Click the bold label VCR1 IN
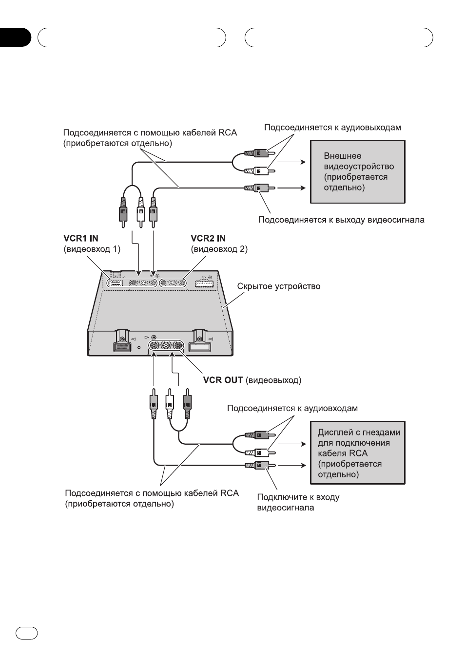pyautogui.click(x=81, y=238)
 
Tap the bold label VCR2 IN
pyautogui.click(x=208, y=238)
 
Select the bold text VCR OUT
pyautogui.click(x=223, y=380)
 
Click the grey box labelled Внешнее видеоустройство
pyautogui.click(x=358, y=171)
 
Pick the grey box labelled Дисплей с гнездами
pyautogui.click(x=358, y=452)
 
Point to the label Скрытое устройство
pyautogui.click(x=279, y=286)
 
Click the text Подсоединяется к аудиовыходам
pyautogui.click(x=332, y=128)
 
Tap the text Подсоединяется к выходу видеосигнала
pyautogui.click(x=341, y=220)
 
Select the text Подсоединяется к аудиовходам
pyautogui.click(x=292, y=408)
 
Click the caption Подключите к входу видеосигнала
pyautogui.click(x=298, y=503)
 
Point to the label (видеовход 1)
pyautogui.click(x=92, y=249)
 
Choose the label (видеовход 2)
pyautogui.click(x=219, y=249)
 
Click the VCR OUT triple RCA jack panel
pyautogui.click(x=166, y=345)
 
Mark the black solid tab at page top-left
pyautogui.click(x=15, y=38)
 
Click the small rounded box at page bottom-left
pyautogui.click(x=26, y=634)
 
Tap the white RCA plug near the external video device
pyautogui.click(x=260, y=170)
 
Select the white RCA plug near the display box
pyautogui.click(x=260, y=452)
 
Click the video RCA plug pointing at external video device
pyautogui.click(x=260, y=188)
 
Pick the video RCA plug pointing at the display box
pyautogui.click(x=260, y=465)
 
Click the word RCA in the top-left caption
pyautogui.click(x=228, y=133)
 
